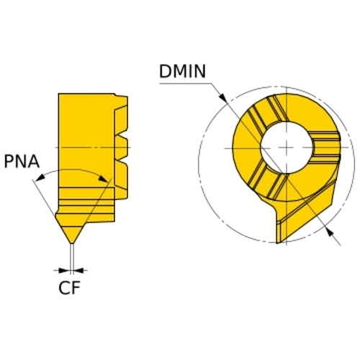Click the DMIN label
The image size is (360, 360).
pos(182,71)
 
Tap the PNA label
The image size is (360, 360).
pos(22,161)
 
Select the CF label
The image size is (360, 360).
pos(69,287)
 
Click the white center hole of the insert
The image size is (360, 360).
pos(287,147)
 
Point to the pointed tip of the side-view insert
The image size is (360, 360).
pos(71,243)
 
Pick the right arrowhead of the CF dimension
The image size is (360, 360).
pos(78,271)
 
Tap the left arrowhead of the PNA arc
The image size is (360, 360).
pos(40,177)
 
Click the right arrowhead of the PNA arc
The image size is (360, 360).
pos(104,179)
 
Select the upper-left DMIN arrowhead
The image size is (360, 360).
pos(222,98)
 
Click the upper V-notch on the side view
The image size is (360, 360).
pos(122,138)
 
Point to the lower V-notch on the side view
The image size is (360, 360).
pos(122,160)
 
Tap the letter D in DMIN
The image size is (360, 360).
pos(165,71)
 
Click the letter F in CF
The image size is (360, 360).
pos(75,287)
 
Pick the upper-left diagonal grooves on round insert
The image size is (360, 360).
pos(266,113)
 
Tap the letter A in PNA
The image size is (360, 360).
pos(33,161)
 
